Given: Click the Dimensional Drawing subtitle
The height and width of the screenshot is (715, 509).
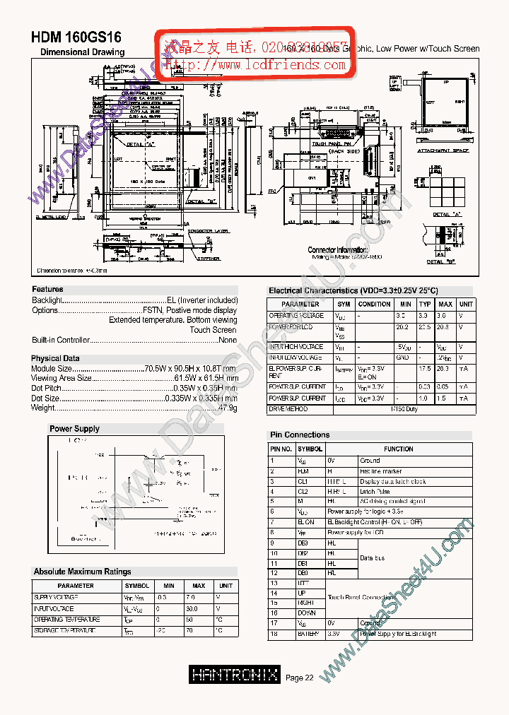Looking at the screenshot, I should [82, 52].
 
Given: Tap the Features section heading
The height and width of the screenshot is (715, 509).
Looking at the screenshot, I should [47, 289].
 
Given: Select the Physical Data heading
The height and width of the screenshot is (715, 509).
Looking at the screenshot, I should [55, 358].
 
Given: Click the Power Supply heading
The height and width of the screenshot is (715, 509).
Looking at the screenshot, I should [74, 428].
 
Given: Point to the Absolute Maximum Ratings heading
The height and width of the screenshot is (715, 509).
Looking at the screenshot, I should [82, 571].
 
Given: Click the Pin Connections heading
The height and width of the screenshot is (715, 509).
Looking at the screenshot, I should [299, 435].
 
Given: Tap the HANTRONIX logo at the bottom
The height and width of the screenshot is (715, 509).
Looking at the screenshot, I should [235, 675].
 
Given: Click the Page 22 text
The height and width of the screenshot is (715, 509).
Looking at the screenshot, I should [300, 678].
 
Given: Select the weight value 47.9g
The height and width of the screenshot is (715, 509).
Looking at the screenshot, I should [228, 408].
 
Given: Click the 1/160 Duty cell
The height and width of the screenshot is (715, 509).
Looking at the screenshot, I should [404, 409].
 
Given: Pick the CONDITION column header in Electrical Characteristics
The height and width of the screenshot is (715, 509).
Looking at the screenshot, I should [374, 304].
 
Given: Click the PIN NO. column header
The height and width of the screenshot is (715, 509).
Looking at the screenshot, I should [281, 449].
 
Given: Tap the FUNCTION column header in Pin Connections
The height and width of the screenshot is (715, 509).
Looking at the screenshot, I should [399, 449].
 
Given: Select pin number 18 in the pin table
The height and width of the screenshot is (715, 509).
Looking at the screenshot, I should [272, 634].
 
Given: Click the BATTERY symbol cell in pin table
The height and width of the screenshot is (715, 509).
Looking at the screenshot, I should [308, 634].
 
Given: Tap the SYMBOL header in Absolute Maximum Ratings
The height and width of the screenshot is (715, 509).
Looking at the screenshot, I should [137, 586].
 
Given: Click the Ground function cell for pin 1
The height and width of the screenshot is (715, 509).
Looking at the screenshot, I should [370, 461].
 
